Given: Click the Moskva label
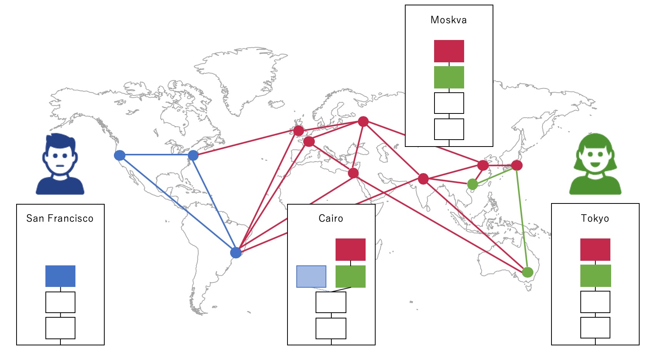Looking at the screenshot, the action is [x=449, y=20].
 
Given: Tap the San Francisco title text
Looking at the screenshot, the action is [x=60, y=218].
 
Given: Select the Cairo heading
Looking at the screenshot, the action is [x=331, y=218].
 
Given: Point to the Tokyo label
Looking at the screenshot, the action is [x=595, y=218].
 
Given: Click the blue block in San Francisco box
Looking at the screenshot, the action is [x=60, y=276].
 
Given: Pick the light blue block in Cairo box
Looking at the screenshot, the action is [x=311, y=277].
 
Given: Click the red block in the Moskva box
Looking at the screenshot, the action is [x=449, y=51].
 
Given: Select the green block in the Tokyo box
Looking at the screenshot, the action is [x=595, y=275].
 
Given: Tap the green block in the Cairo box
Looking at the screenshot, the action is [x=350, y=277].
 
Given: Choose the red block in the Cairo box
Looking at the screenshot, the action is [x=350, y=250].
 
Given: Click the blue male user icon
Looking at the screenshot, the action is [x=60, y=164].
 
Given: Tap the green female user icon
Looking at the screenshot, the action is [x=595, y=164].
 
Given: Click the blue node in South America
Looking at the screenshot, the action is [x=236, y=253].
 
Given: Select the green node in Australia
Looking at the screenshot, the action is [x=528, y=272].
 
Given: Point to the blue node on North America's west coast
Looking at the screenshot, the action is [x=120, y=155].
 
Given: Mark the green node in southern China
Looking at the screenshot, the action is [x=473, y=184].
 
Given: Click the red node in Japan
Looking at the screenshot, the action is [x=517, y=165].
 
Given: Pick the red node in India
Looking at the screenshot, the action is [x=423, y=179].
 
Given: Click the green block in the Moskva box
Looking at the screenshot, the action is [x=449, y=77].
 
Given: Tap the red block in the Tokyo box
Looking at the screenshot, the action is [x=595, y=250].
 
